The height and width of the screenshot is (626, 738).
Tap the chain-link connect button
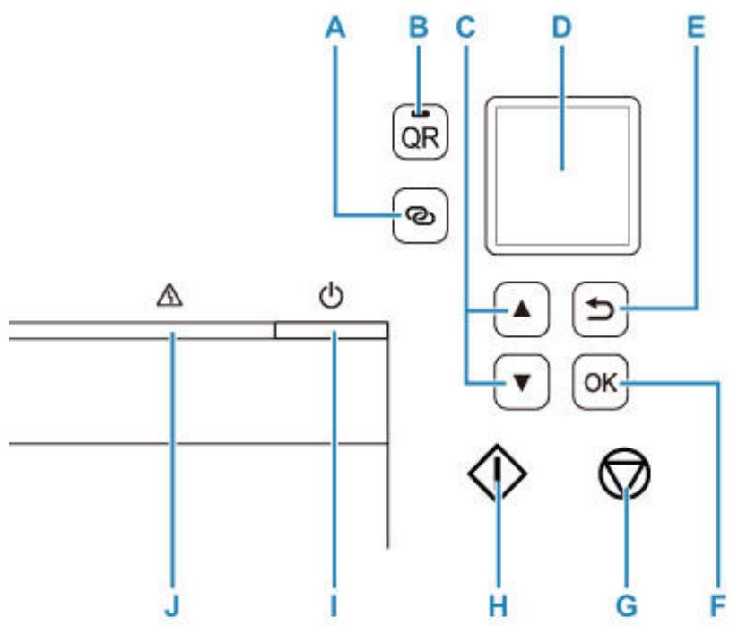coord(421,216)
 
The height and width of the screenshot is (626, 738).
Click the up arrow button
coord(522,309)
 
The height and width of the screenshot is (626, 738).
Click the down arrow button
coord(522,382)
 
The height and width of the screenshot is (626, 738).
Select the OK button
coord(600,382)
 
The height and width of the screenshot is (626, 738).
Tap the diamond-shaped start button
coord(498,473)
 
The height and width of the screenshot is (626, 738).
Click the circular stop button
coord(625,473)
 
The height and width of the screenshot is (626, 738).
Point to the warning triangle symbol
coord(169,297)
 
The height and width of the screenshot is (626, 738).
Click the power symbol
coord(332,296)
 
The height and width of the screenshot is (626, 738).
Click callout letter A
coord(335,28)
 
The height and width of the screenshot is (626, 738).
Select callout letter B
coord(419,28)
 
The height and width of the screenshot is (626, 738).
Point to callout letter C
coord(465,28)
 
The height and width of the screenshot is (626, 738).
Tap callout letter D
coord(562,28)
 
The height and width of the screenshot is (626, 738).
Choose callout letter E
coord(696,28)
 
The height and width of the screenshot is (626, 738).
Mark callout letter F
coord(717,605)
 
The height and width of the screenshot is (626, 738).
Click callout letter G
coord(627,605)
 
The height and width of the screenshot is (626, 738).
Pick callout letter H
coord(498,605)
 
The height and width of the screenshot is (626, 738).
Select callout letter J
coord(172,605)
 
